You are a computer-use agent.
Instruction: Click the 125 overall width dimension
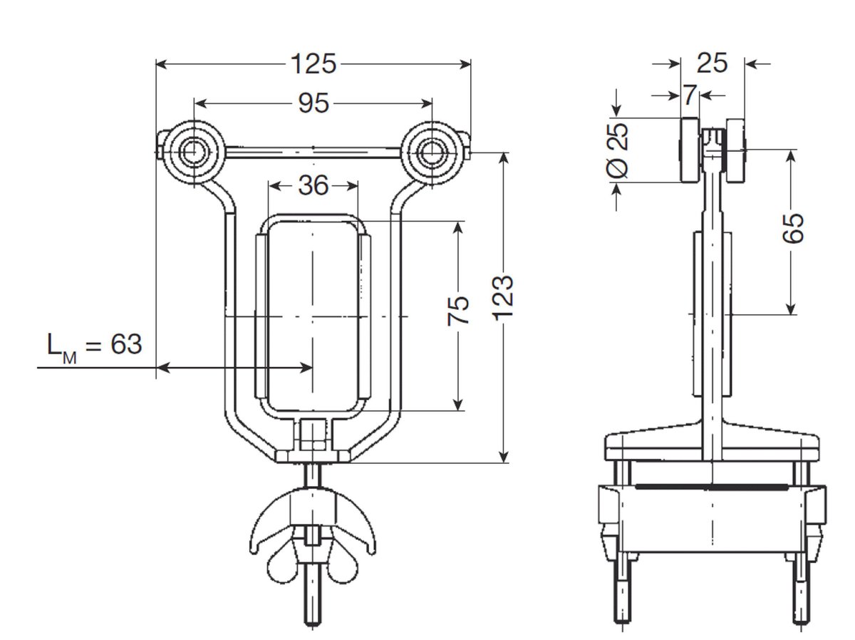[313, 64]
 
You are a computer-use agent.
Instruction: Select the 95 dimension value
[313, 103]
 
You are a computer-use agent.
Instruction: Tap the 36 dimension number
[313, 186]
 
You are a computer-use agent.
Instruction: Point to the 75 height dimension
[460, 311]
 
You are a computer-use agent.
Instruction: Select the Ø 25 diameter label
[619, 150]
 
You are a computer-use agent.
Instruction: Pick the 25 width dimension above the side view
[712, 63]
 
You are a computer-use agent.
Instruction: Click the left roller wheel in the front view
[192, 151]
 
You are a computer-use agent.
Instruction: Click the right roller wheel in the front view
[430, 151]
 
